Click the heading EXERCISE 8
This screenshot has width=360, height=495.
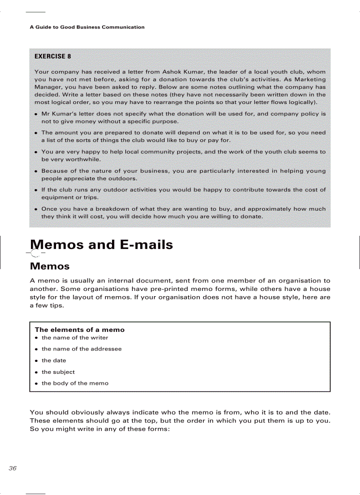tap(52, 56)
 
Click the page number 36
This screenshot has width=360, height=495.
tap(12, 468)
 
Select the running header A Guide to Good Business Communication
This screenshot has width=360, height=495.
tap(87, 27)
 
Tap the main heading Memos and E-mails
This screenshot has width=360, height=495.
tap(101, 245)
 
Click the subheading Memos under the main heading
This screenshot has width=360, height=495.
tap(49, 266)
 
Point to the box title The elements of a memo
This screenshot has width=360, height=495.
tap(79, 330)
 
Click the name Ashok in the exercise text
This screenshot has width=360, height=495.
tap(172, 72)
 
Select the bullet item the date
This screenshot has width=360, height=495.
tap(54, 361)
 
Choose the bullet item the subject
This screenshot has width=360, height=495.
tap(58, 372)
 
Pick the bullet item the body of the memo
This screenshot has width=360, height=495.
tap(75, 383)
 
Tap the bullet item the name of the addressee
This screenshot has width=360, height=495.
tap(82, 349)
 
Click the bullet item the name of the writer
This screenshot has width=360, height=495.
tap(75, 338)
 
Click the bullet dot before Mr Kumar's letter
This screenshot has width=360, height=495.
tap(35, 114)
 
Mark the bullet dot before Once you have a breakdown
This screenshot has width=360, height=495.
tap(35, 209)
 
